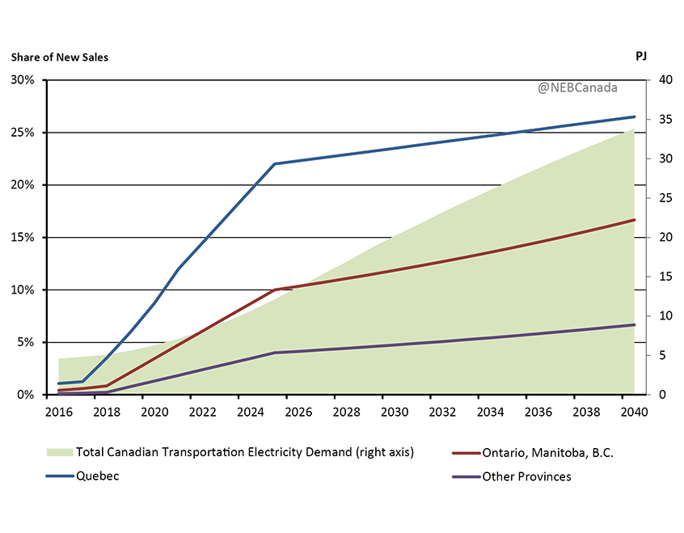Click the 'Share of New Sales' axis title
[x=59, y=57]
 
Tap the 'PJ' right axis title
[x=641, y=57]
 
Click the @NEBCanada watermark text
[x=577, y=87]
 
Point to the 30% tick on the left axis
[x=23, y=80]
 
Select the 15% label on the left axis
[x=23, y=237]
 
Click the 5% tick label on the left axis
[x=26, y=342]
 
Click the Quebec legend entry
[x=98, y=476]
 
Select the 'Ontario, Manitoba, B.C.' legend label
[x=547, y=453]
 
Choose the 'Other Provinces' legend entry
[x=526, y=476]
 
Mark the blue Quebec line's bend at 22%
[x=275, y=163]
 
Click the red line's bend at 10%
[x=275, y=290]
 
